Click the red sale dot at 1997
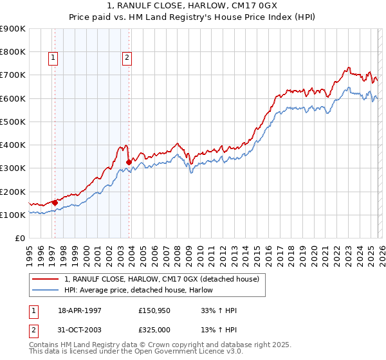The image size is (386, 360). point(55,203)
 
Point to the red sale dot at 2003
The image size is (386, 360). point(129,162)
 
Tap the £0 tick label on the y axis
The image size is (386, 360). point(20,239)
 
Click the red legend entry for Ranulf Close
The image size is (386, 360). point(161,279)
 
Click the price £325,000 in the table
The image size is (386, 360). point(154,329)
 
